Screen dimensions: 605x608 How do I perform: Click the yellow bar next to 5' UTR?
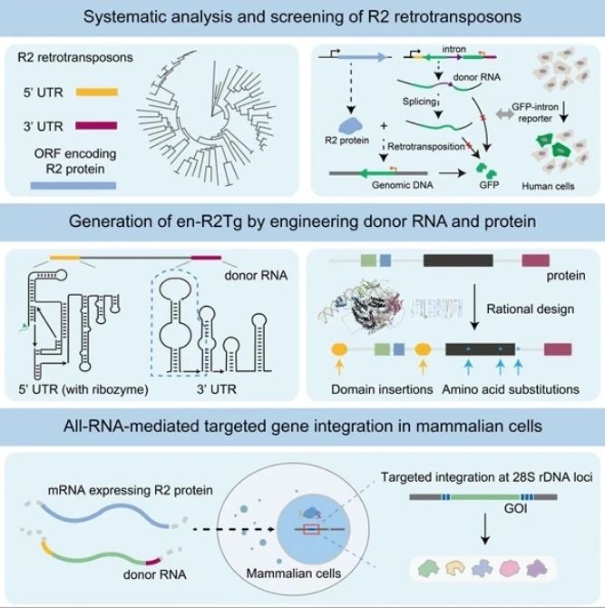(x=96, y=93)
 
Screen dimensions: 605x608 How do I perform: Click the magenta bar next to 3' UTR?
(x=96, y=125)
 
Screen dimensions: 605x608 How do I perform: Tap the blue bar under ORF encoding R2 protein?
(x=73, y=186)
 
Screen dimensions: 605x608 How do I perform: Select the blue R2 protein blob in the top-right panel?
(x=350, y=125)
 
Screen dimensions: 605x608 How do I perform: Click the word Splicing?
(x=419, y=102)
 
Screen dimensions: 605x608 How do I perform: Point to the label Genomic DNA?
(x=403, y=185)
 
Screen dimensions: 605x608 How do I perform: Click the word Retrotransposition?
(x=425, y=147)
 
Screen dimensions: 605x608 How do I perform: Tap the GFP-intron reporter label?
(x=535, y=113)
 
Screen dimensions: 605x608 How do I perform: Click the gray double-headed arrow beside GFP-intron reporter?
(x=504, y=114)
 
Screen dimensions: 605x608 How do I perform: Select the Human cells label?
(x=548, y=186)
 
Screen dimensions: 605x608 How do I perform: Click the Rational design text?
(x=531, y=309)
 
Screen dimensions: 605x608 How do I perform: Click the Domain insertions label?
(x=382, y=389)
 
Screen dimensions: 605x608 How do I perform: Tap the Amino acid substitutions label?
(x=511, y=389)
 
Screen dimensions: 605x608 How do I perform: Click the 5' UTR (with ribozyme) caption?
(x=83, y=389)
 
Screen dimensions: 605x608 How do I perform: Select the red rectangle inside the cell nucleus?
(x=312, y=529)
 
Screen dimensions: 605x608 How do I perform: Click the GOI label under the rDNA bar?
(x=515, y=508)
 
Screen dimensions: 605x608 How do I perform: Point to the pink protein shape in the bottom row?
(x=510, y=568)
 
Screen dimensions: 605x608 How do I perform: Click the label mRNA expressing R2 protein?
(x=131, y=490)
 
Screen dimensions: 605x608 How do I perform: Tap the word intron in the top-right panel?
(x=454, y=49)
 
